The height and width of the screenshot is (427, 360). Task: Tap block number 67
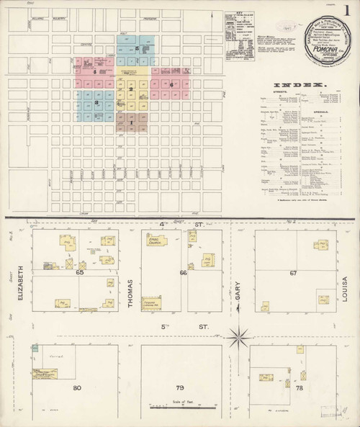(x=293, y=274)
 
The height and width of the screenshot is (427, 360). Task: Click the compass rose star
(x=238, y=336)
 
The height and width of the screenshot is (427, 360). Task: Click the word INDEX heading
(x=308, y=85)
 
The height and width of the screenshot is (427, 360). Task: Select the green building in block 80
(x=35, y=349)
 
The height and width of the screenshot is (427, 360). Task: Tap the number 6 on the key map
(x=173, y=85)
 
